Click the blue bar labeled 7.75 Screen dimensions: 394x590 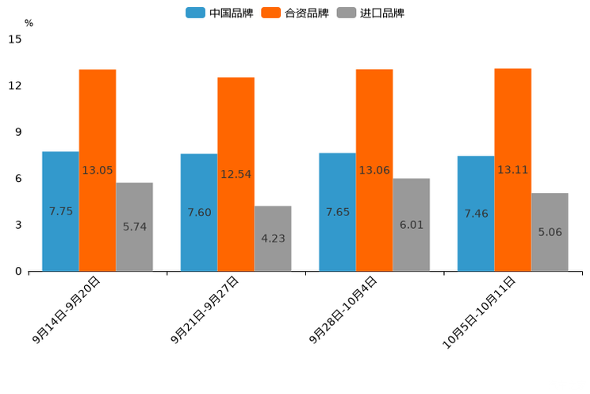pyautogui.click(x=60, y=211)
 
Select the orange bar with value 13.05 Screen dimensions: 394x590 pyautogui.click(x=98, y=170)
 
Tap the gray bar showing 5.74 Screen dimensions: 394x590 pyautogui.click(x=134, y=227)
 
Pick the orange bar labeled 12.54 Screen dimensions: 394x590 pyautogui.click(x=236, y=174)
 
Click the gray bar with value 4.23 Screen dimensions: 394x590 pyautogui.click(x=273, y=238)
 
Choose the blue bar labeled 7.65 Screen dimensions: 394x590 pyautogui.click(x=337, y=212)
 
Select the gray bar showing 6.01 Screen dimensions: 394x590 pyautogui.click(x=411, y=225)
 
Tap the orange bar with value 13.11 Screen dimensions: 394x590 pyautogui.click(x=512, y=170)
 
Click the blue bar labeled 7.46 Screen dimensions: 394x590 pyautogui.click(x=476, y=214)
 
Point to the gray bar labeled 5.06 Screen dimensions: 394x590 pyautogui.click(x=550, y=232)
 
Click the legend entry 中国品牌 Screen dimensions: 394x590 pyautogui.click(x=220, y=13)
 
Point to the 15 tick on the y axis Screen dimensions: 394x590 pyautogui.click(x=15, y=39)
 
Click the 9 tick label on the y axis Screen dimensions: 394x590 pyautogui.click(x=18, y=132)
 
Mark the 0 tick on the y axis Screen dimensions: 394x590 pyautogui.click(x=18, y=272)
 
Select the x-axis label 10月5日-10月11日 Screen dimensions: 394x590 pyautogui.click(x=480, y=311)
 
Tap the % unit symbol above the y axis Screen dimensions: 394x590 pyautogui.click(x=29, y=23)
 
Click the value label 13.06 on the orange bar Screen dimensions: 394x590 pyautogui.click(x=374, y=170)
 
